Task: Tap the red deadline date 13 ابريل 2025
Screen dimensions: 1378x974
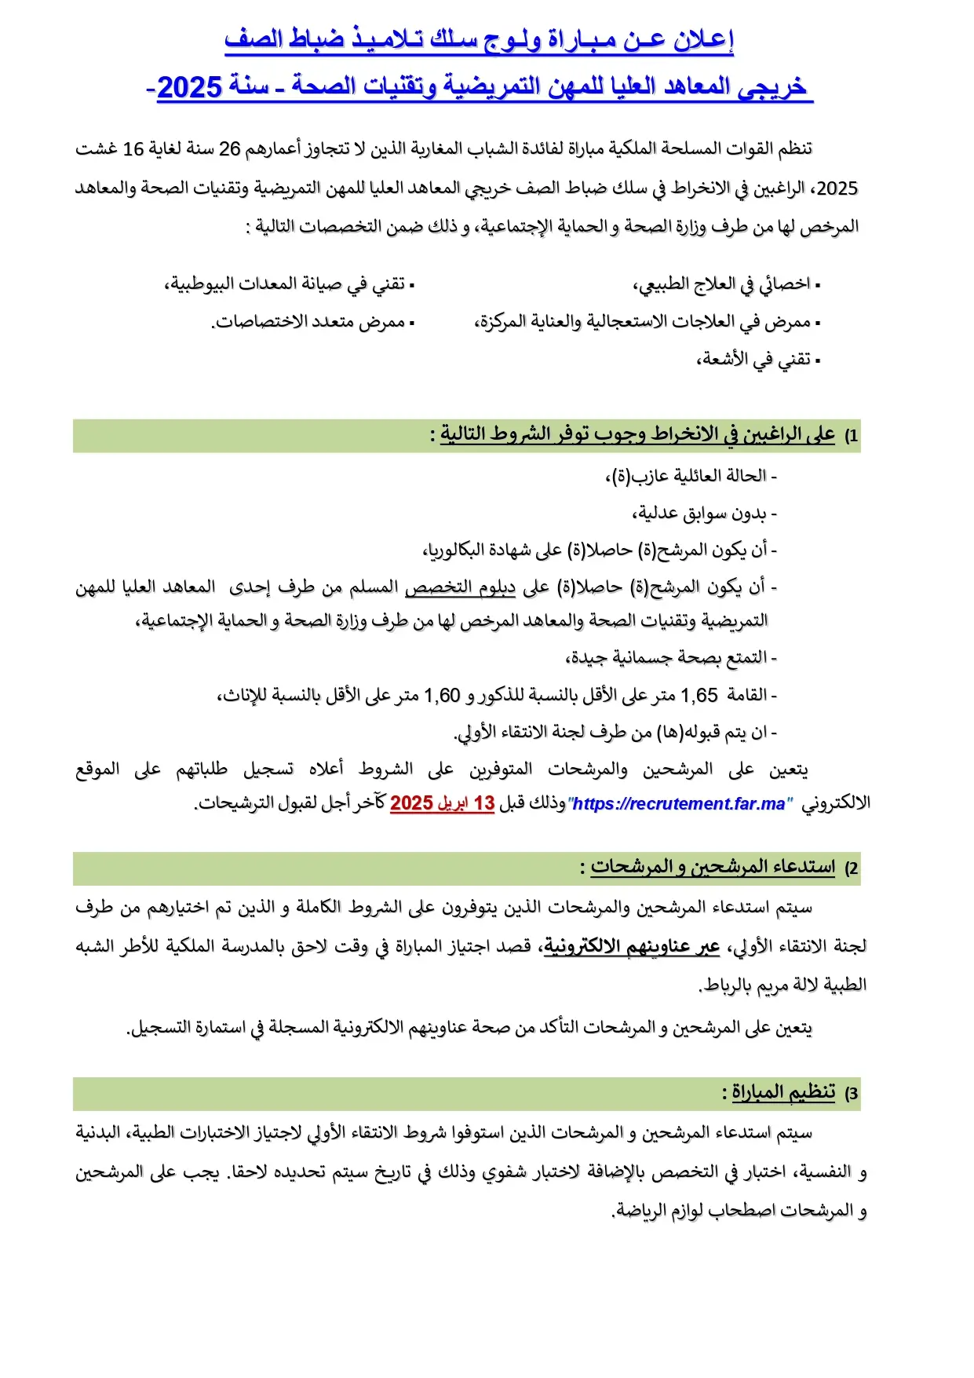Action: [442, 803]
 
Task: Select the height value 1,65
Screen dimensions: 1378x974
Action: [699, 695]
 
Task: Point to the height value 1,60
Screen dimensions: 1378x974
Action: [442, 695]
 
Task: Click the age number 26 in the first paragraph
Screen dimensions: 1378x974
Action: [229, 149]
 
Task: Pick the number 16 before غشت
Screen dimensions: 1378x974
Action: [133, 149]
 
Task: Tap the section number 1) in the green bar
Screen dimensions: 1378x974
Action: [851, 436]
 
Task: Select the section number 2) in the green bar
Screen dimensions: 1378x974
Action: [851, 868]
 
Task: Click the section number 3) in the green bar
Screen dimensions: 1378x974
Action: [851, 1094]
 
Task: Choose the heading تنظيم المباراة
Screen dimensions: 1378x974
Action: [783, 1092]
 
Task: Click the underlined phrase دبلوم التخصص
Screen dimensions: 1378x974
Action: [460, 587]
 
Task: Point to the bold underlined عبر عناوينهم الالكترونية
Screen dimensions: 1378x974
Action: [632, 946]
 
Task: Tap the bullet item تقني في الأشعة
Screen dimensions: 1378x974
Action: [756, 360]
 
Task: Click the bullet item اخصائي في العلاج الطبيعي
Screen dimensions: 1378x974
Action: [723, 284]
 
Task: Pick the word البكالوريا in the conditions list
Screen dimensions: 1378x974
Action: [455, 550]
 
